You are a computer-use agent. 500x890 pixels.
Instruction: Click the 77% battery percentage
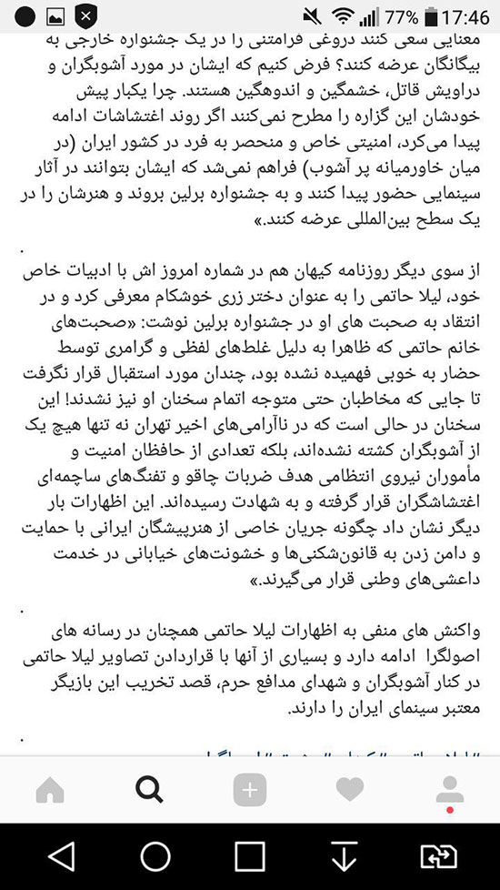tap(401, 16)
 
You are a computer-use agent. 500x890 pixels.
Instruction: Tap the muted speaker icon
tap(314, 16)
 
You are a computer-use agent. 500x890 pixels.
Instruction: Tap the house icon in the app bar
tap(50, 790)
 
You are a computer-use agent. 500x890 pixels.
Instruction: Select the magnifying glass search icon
tap(149, 790)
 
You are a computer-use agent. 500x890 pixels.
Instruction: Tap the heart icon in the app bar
tap(350, 790)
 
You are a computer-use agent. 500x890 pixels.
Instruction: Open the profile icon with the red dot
tap(449, 790)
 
